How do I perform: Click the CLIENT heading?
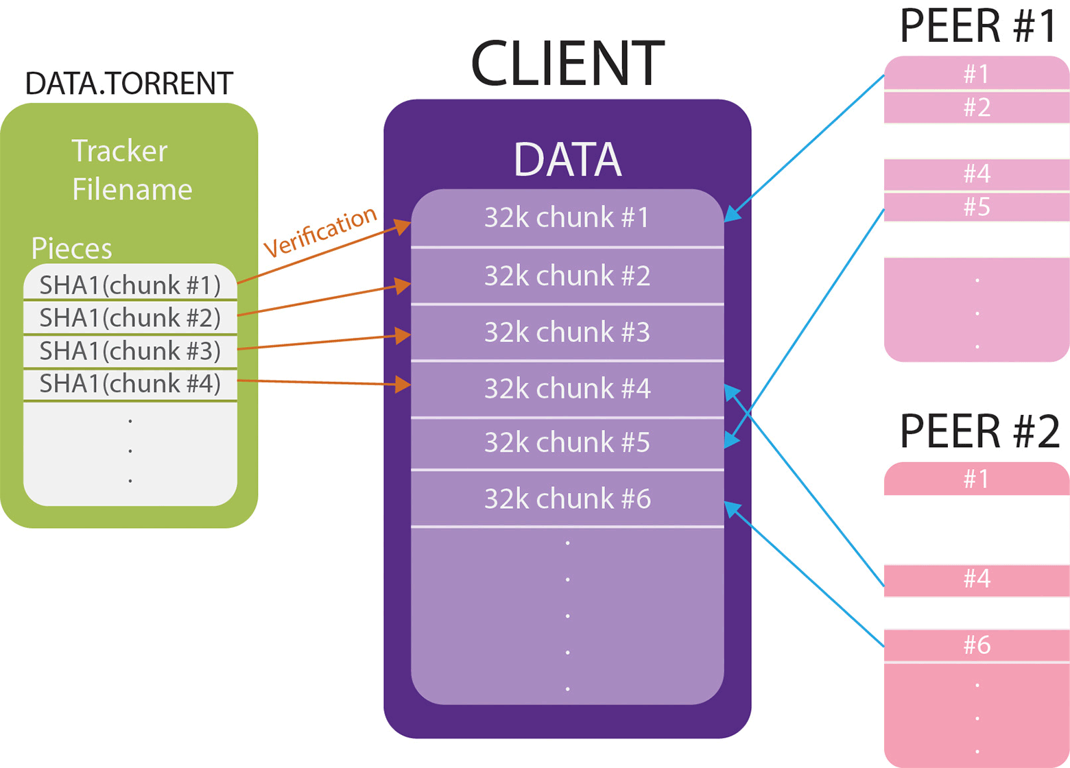(x=567, y=63)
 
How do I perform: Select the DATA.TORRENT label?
(x=129, y=84)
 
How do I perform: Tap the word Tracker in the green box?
(x=119, y=151)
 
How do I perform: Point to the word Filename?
(x=132, y=189)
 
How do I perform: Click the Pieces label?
(x=72, y=248)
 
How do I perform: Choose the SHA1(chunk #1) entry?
(x=130, y=285)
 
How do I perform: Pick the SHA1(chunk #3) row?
(x=130, y=350)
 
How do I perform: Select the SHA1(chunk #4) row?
(x=130, y=383)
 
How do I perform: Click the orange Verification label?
(x=320, y=231)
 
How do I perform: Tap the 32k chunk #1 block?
(x=567, y=217)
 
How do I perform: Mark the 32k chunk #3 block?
(x=567, y=332)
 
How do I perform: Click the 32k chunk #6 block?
(x=567, y=499)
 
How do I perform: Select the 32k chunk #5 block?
(x=567, y=442)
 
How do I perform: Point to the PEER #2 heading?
(x=979, y=431)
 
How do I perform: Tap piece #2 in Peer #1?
(x=977, y=108)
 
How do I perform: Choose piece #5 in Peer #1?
(x=977, y=206)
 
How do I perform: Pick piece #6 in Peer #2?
(x=977, y=645)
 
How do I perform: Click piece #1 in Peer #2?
(x=977, y=479)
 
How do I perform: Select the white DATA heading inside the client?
(x=567, y=160)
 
